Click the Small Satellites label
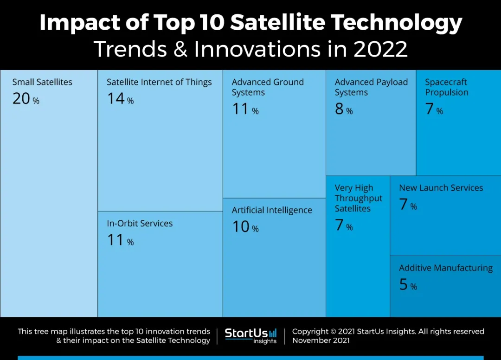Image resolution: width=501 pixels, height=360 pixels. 42,82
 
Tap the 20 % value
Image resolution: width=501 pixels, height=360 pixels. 26,99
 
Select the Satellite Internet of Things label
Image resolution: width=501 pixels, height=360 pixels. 159,82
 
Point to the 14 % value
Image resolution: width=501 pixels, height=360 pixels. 120,99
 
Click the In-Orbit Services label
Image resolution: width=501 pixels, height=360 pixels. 140,223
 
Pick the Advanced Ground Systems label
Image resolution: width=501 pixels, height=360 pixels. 268,87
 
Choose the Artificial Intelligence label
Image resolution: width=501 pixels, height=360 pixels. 272,210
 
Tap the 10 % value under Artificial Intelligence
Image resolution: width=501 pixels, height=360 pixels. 245,227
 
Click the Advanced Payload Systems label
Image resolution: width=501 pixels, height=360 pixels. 371,87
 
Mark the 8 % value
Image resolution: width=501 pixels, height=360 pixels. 344,109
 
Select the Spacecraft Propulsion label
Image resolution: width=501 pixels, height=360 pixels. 447,87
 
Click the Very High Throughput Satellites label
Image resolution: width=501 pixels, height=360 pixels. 359,198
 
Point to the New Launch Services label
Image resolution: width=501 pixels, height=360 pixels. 441,188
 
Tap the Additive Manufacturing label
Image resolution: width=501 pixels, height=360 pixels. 446,268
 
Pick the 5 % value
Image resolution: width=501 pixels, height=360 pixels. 408,285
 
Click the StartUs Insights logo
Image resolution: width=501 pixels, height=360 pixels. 250,336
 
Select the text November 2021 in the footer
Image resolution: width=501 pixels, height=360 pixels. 321,341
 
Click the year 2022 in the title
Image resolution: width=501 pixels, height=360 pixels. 380,49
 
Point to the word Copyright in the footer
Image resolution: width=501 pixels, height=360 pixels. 310,331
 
